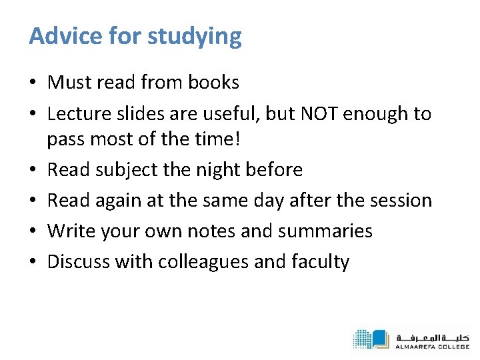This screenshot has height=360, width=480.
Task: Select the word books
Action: (213, 83)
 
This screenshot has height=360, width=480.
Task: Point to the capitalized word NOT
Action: (319, 114)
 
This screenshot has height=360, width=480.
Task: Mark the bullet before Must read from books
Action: (33, 83)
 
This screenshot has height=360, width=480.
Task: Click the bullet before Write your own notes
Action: (33, 231)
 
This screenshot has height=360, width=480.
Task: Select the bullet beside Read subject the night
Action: (33, 170)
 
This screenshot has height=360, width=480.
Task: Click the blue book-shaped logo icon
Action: (371, 339)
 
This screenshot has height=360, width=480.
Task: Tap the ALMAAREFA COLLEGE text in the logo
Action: (431, 347)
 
